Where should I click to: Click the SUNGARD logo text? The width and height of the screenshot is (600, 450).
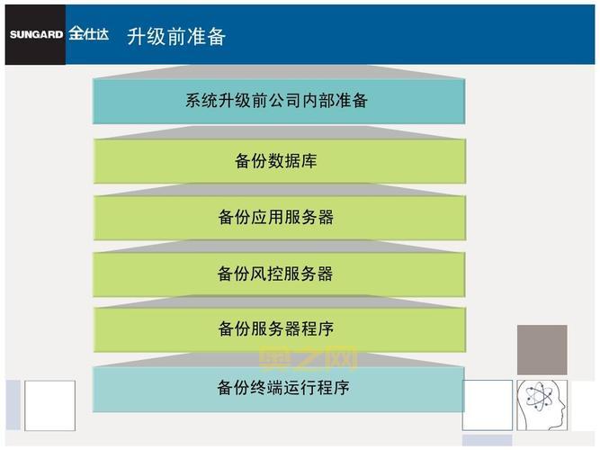36,36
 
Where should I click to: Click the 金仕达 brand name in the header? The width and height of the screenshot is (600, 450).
88,35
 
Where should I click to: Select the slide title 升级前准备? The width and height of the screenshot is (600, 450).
176,36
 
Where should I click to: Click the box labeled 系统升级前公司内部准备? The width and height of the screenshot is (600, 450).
279,101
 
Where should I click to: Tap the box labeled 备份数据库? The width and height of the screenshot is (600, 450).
279,162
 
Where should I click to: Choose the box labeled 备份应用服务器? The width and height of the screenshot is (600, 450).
279,218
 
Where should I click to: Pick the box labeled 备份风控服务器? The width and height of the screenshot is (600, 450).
279,274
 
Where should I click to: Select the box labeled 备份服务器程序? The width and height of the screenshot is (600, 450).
279,329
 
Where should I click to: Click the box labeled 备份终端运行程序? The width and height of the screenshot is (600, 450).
279,389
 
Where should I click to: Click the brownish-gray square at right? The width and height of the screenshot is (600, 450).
542,349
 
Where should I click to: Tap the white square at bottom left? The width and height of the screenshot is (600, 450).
49,406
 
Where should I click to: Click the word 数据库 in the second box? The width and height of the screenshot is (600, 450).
292,162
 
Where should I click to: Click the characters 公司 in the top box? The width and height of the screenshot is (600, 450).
286,101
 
